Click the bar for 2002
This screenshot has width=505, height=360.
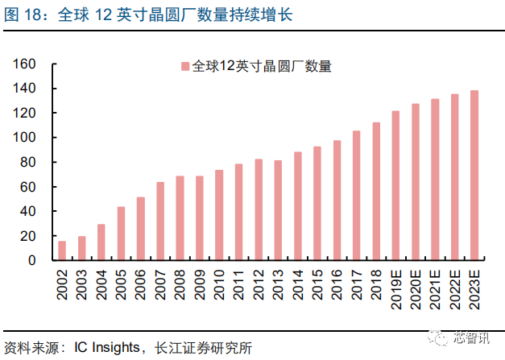coord(62,250)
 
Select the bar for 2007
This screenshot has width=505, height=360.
coord(160,221)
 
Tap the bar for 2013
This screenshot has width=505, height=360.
coord(278,210)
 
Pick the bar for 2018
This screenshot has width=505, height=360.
coord(376,192)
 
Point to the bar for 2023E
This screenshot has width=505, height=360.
coord(474,176)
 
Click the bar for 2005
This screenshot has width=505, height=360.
coord(121,234)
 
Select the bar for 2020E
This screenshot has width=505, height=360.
coord(416,182)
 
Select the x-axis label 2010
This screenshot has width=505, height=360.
coord(219,283)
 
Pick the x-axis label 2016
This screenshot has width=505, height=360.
coord(337,283)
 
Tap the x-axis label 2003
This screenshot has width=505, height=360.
coord(81,283)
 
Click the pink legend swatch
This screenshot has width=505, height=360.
coord(184,67)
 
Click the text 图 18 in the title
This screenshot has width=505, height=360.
coord(24,14)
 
